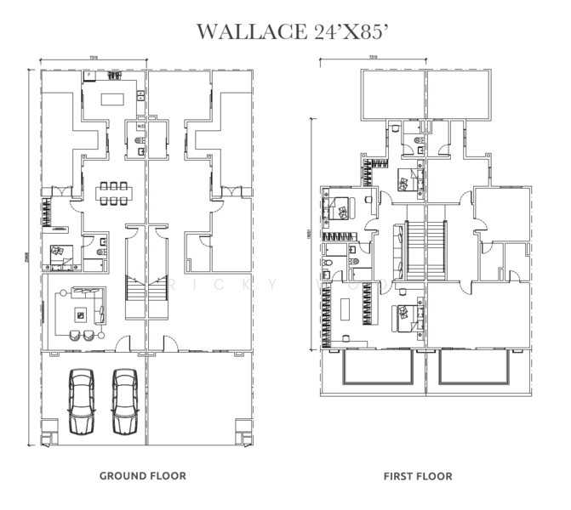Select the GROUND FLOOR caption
(x=143, y=475)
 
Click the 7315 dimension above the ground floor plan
(x=92, y=58)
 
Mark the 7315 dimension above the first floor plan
(x=372, y=58)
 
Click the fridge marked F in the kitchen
(x=88, y=76)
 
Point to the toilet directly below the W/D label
(x=138, y=141)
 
